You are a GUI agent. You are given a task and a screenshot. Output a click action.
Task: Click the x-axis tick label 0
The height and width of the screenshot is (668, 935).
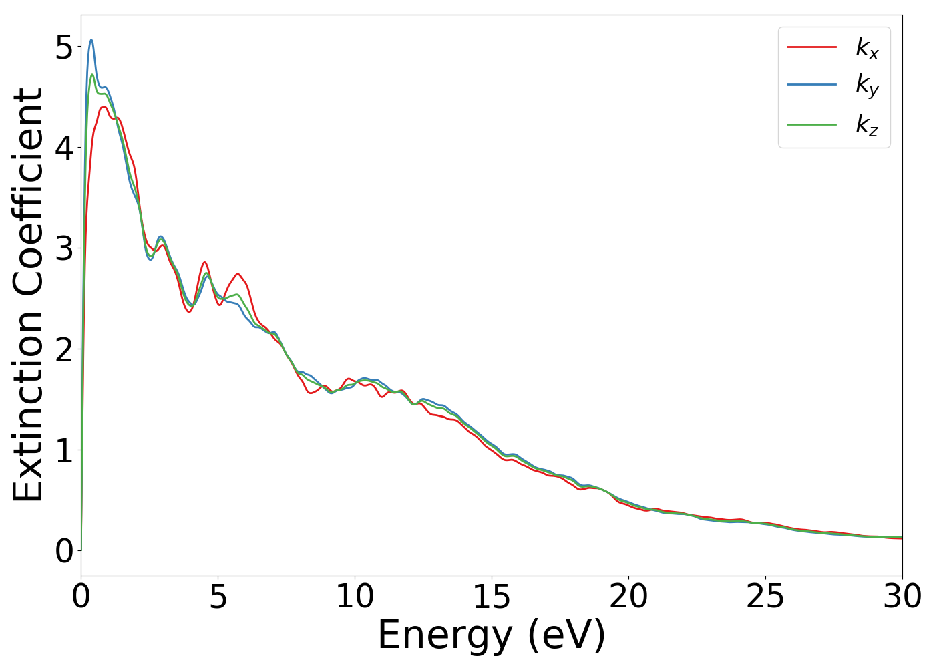point(81,597)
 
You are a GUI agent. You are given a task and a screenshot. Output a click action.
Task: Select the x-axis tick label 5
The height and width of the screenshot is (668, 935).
point(218,597)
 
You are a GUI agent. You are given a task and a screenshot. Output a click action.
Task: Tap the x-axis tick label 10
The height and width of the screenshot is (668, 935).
point(355,597)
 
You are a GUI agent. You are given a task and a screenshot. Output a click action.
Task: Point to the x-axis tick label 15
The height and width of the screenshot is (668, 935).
point(492,597)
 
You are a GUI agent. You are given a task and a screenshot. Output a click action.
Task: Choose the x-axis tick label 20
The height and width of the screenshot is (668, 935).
point(628,597)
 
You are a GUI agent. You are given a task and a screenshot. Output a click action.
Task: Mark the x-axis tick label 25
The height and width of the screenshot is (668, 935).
point(765,597)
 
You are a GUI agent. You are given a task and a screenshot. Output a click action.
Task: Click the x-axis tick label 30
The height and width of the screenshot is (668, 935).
point(902,597)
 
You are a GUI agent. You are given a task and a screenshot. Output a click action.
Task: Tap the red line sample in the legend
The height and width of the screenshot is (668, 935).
point(811,47)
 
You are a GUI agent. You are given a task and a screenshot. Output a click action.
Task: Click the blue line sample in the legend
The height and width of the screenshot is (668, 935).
point(811,85)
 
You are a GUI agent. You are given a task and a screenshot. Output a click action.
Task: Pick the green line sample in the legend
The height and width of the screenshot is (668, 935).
point(811,124)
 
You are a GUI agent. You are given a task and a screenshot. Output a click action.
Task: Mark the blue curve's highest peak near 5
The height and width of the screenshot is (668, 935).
point(91,40)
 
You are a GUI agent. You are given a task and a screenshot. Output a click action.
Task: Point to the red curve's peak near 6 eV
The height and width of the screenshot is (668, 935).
point(238,274)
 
